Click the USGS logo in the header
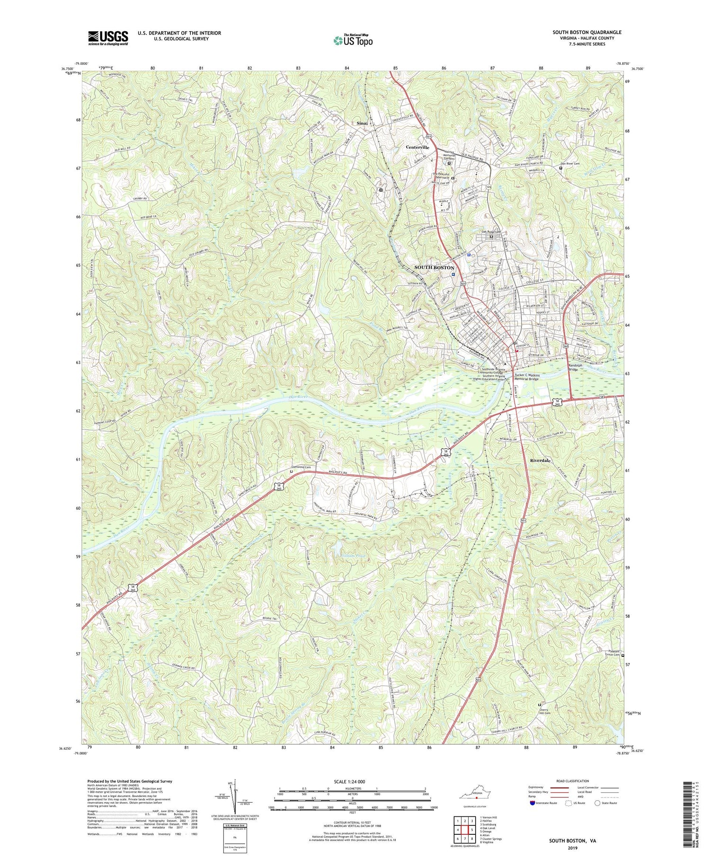pos(108,38)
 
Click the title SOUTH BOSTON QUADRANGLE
pos(587,32)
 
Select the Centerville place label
pos(417,147)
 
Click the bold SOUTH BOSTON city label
pos(434,268)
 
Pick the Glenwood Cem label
pos(301,467)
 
